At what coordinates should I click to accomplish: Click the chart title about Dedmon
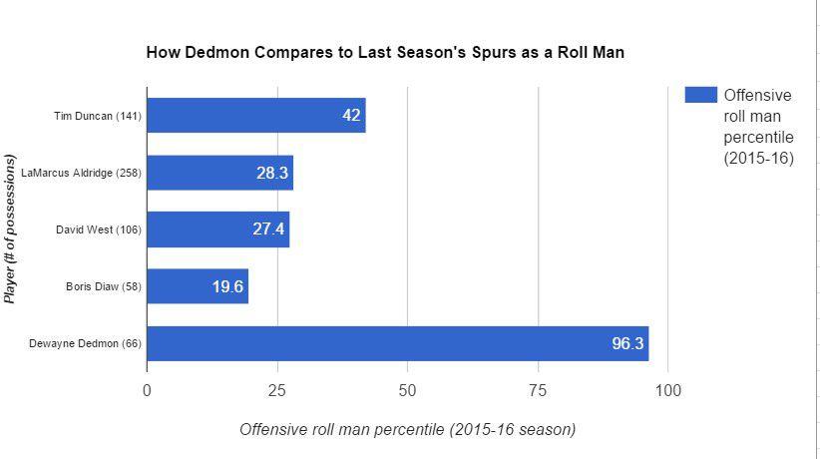(x=385, y=52)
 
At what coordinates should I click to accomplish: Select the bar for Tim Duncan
(x=255, y=116)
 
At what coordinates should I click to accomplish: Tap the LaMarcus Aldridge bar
(x=219, y=173)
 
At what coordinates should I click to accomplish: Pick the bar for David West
(x=217, y=229)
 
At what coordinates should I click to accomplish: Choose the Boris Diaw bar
(x=197, y=286)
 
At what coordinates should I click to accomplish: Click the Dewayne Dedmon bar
(x=397, y=343)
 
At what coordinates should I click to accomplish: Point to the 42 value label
(x=351, y=116)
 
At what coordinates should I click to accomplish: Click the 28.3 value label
(x=272, y=173)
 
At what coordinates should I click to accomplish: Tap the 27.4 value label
(x=268, y=229)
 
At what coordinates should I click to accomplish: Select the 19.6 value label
(x=227, y=287)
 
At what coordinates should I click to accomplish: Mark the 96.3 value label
(x=627, y=344)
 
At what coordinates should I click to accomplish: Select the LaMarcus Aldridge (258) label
(x=81, y=174)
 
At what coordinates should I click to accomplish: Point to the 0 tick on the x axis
(x=147, y=390)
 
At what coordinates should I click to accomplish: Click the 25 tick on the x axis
(x=276, y=390)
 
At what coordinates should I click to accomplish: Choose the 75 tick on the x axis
(x=538, y=390)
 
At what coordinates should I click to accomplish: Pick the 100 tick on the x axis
(x=667, y=390)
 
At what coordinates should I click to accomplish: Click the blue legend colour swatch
(x=700, y=95)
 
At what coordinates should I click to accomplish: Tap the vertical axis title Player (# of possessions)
(x=11, y=229)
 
